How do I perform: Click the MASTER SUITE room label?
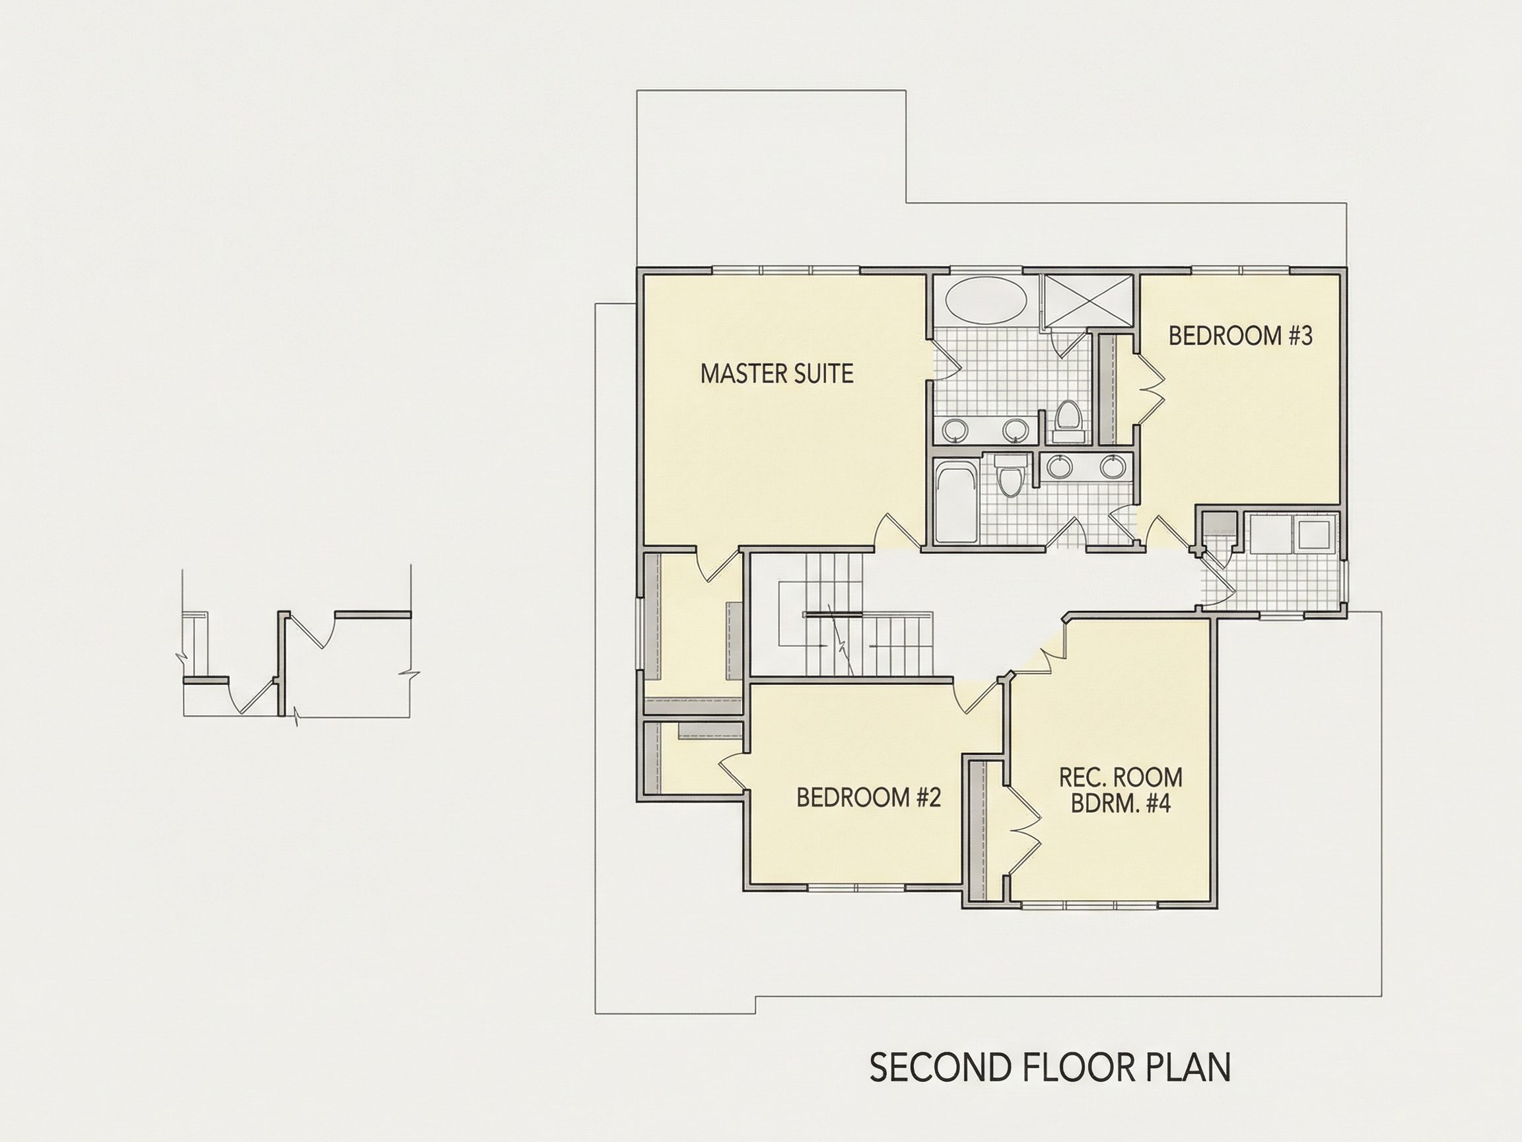[x=777, y=374]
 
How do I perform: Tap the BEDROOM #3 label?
[x=1241, y=336]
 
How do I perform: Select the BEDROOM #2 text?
[x=868, y=797]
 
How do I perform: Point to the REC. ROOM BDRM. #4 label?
[x=1121, y=790]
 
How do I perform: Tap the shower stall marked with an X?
[x=1087, y=299]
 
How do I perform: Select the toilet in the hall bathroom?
[x=1010, y=476]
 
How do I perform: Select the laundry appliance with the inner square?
[x=1314, y=534]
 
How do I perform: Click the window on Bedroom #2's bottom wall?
[x=855, y=887]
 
